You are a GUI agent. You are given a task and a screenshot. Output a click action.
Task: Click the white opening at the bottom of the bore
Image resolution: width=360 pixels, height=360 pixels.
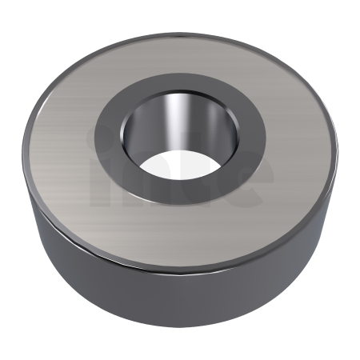173,164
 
